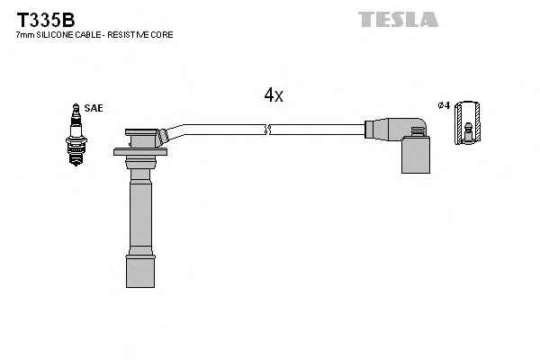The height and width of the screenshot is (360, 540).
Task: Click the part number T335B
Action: click(x=43, y=19)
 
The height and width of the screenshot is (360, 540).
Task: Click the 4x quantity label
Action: click(x=274, y=95)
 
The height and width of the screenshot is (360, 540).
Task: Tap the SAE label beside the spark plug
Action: click(x=94, y=108)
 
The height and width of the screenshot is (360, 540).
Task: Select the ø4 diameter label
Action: click(x=442, y=106)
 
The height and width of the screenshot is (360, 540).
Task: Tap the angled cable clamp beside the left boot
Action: click(x=163, y=137)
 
